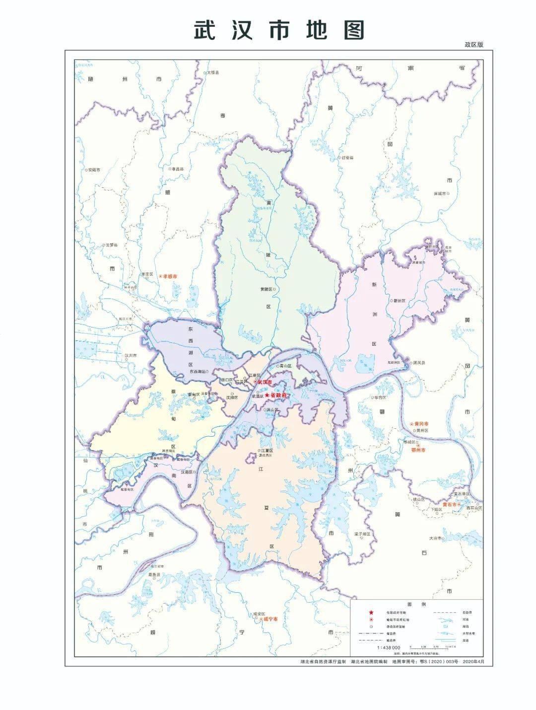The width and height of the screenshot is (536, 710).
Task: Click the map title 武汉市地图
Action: coord(278,30)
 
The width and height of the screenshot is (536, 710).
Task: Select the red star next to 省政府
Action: coord(267,394)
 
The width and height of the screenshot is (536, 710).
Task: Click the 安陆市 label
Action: coord(93,169)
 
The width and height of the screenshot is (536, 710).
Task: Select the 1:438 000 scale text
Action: coord(390,648)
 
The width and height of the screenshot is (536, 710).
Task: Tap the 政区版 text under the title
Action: coord(473,45)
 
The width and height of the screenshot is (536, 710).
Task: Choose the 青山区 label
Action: coord(284,366)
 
